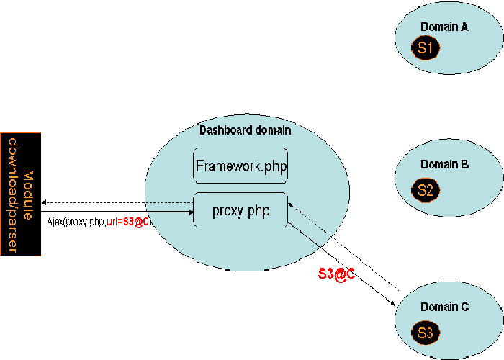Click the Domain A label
pyautogui.click(x=444, y=27)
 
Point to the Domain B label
pyautogui.click(x=444, y=164)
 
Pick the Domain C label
pyautogui.click(x=444, y=307)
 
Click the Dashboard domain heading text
pyautogui.click(x=245, y=130)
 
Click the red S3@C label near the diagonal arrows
pyautogui.click(x=337, y=274)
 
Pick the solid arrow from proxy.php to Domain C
pyautogui.click(x=338, y=264)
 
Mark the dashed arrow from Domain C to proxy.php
pyautogui.click(x=346, y=248)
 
